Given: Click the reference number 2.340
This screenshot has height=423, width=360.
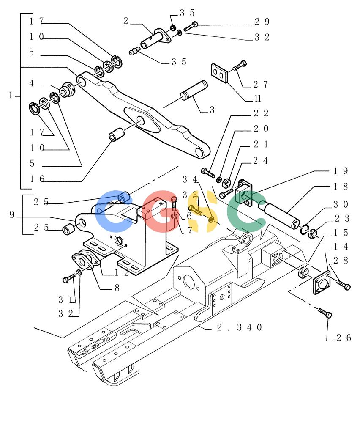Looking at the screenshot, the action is [x=239, y=327].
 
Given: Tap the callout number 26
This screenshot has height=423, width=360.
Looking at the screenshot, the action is [x=344, y=338].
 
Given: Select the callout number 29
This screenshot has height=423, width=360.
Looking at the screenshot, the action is [x=262, y=22].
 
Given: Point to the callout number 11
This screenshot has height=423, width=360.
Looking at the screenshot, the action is [x=258, y=99].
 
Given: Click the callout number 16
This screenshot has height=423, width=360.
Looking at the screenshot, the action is [x=37, y=179].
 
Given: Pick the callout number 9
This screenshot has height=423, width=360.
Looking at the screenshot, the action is [x=11, y=214].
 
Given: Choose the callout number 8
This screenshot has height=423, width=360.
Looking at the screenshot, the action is [x=117, y=288].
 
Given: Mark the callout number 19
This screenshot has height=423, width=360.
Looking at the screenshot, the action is [x=341, y=171].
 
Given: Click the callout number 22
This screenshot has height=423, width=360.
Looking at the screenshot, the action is [x=261, y=113].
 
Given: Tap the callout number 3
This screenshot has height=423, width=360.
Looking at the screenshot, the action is [x=212, y=110].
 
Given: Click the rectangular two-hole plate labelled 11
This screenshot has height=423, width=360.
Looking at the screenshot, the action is [x=219, y=73].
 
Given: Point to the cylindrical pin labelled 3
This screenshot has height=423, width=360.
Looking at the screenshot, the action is [x=194, y=91].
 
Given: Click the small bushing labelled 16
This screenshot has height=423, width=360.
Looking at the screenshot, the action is [x=116, y=135].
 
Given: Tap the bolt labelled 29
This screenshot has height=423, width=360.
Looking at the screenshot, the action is [x=191, y=26].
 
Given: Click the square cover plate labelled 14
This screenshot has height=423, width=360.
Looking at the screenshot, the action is [x=322, y=282].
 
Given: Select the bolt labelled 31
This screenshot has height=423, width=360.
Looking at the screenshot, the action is [x=69, y=278].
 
